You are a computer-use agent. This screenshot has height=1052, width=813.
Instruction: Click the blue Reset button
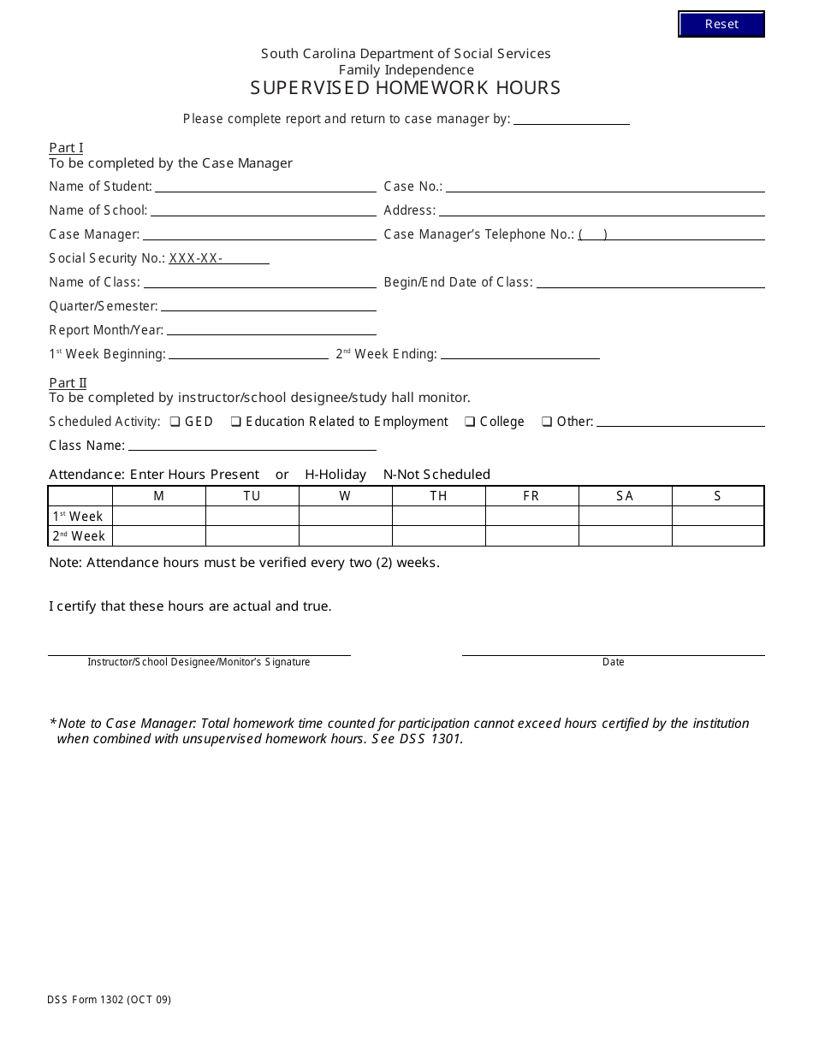point(721,24)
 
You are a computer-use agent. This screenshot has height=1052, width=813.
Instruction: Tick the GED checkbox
point(175,422)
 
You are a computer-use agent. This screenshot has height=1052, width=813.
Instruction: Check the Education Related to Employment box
point(235,422)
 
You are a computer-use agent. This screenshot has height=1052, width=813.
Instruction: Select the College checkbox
point(470,422)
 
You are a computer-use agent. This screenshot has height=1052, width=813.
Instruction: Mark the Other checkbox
point(546,422)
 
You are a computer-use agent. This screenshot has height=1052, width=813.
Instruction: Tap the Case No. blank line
point(605,186)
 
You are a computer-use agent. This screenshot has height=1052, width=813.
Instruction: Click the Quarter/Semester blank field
point(268,306)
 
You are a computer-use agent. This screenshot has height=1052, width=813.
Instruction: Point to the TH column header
point(438,496)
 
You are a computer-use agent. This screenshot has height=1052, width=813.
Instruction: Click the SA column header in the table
point(625,496)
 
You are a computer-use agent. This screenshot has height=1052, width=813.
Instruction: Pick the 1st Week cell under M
point(158,516)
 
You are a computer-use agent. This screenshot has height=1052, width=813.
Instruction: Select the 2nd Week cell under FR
point(531,536)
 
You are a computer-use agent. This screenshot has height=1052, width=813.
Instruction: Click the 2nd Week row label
point(80,536)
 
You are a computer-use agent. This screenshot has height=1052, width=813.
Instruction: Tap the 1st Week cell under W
point(345,516)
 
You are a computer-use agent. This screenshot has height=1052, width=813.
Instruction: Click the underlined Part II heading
point(68,383)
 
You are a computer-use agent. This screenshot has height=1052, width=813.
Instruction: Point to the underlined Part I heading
point(66,148)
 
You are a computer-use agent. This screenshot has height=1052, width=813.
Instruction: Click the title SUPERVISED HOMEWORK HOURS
point(406,88)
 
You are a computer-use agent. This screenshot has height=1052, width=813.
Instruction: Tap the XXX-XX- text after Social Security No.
point(196,258)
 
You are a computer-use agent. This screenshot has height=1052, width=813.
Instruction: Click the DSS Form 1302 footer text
point(110,999)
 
